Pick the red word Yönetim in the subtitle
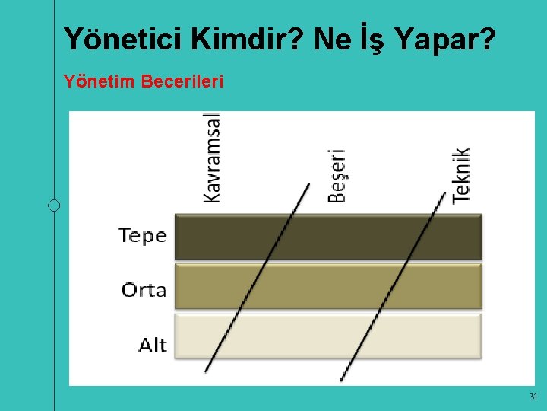tap(100, 81)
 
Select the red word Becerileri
tap(182, 81)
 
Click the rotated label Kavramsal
tap(213, 158)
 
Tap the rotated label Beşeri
tap(337, 176)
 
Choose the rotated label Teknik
tap(461, 174)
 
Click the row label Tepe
tap(143, 236)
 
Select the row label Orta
tap(144, 290)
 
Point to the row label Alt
tap(153, 346)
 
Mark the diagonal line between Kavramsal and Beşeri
tap(257, 279)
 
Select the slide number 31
tap(533, 397)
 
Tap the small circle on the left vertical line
tap(54, 205)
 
